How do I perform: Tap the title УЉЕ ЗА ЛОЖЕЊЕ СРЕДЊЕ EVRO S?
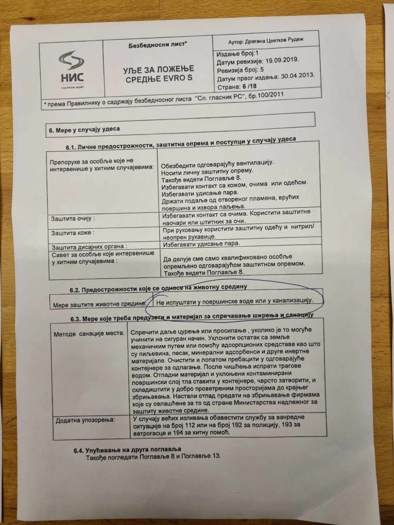(x=157, y=74)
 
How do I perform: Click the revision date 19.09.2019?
(x=281, y=60)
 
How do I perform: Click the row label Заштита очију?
(x=73, y=219)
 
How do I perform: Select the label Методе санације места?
(x=88, y=334)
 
